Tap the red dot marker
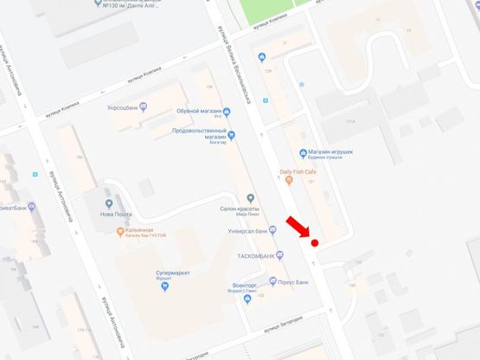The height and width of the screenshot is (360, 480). [x=315, y=243]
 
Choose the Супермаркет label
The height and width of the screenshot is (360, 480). [x=160, y=272]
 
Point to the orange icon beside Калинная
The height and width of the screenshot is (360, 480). [x=118, y=231]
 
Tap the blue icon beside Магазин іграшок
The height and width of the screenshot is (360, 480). [x=304, y=156]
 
